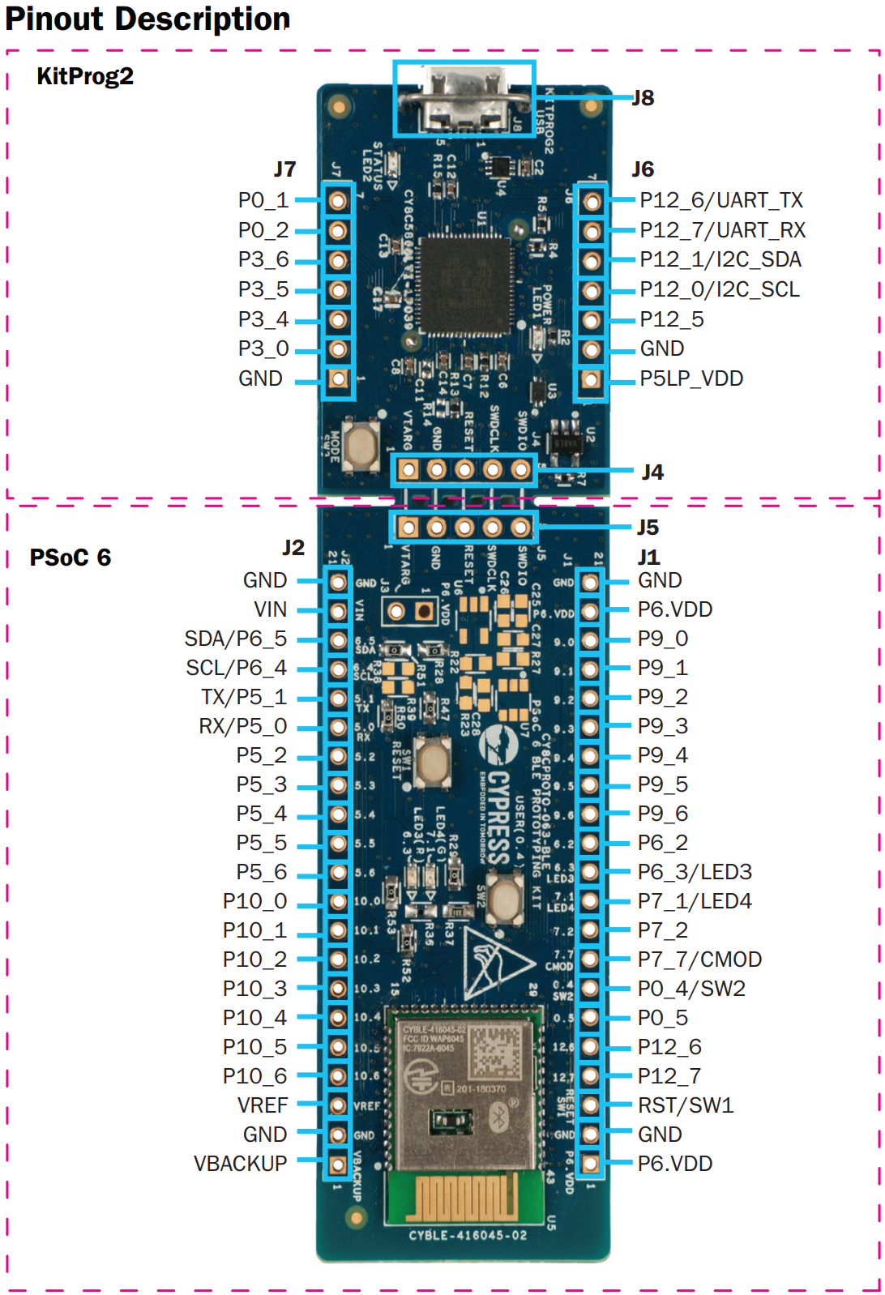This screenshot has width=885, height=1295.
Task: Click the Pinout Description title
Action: coord(147,19)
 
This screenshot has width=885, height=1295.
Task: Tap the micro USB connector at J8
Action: coord(464,99)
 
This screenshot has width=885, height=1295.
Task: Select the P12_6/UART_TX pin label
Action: coord(720,200)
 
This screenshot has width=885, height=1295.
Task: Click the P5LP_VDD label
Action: coord(690,378)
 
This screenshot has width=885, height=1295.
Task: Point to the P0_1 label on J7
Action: coord(263,200)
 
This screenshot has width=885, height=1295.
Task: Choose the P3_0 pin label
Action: coord(263,349)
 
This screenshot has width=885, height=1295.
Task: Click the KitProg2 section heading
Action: coord(85,77)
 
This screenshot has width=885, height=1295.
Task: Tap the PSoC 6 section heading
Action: coord(70,558)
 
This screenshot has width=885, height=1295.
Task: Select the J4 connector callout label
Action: coord(652,472)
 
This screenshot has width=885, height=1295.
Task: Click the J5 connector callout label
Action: coord(647,528)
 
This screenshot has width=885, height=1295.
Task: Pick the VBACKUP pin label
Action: coord(241,1164)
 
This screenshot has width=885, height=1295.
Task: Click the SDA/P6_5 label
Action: coord(236,639)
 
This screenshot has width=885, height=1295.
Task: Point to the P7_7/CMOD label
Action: coord(699,959)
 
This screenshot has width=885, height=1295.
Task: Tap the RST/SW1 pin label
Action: coord(686,1105)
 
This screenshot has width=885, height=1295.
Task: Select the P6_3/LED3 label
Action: coord(695,872)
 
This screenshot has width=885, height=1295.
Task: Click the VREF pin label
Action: coord(263,1105)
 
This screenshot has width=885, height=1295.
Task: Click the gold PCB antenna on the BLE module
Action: coord(463,1197)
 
